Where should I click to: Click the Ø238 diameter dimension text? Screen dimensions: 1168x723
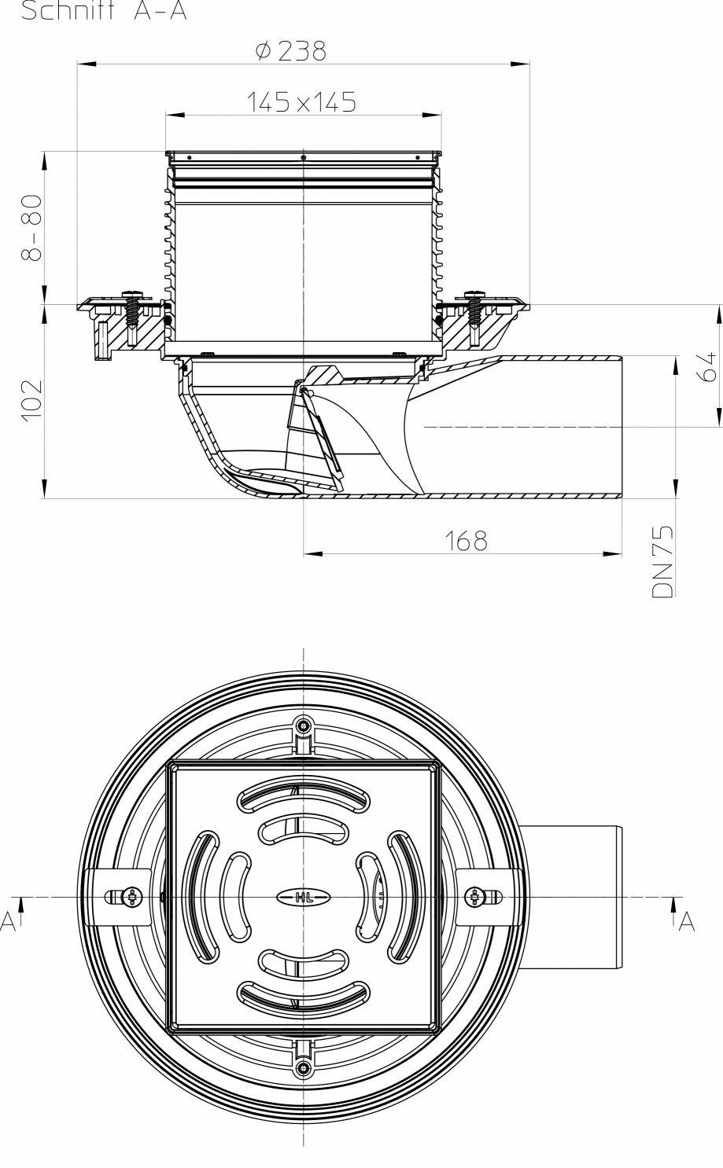point(290,51)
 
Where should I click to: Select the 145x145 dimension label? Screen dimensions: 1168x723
point(301,101)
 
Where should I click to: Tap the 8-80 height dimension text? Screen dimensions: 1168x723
point(31,227)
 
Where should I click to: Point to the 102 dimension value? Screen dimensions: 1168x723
point(31,401)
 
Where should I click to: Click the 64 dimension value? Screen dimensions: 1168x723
point(706,366)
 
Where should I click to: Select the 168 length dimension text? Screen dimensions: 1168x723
point(466,541)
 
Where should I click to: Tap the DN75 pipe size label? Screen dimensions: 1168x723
point(663,563)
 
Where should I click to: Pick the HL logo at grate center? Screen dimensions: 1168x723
point(304,897)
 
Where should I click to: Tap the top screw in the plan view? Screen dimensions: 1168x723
point(304,724)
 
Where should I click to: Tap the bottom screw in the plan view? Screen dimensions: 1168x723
point(304,1067)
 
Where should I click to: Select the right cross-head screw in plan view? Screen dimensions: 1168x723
point(475,896)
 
